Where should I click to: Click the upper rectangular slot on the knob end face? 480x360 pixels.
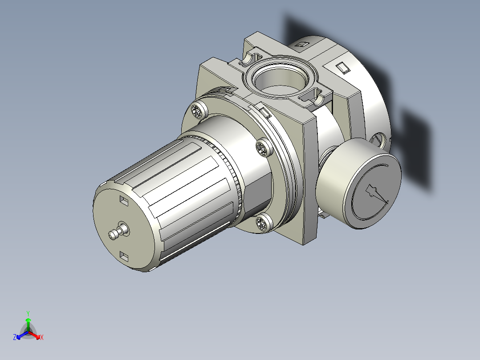124,201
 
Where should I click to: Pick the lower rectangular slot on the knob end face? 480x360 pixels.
124,256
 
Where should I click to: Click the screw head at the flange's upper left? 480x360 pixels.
198,110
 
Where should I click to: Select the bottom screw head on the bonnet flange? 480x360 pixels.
263,222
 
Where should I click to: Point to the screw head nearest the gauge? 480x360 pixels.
264,148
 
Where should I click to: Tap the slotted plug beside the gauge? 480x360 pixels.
379,139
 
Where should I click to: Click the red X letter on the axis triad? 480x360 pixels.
41,338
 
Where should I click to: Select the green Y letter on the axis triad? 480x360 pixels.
28,313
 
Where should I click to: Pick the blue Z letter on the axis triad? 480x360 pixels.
15,338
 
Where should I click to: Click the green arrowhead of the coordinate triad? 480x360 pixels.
28,320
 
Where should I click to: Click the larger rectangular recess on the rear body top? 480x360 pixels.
343,68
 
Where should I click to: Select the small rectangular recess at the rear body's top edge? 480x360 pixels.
302,44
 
